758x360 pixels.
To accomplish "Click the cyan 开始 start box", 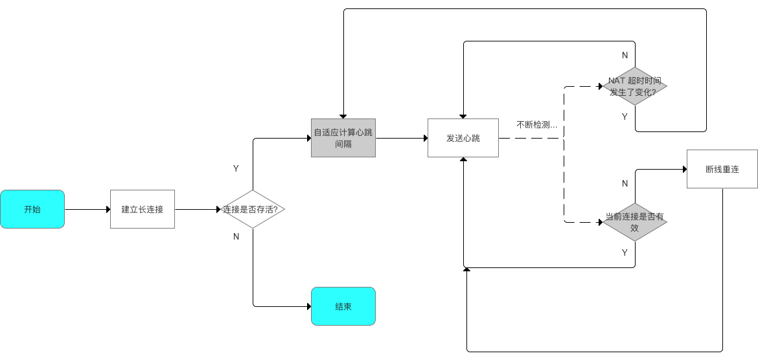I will click(32, 209).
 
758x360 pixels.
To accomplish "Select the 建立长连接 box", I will click(143, 209).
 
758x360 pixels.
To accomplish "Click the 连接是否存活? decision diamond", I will click(253, 209).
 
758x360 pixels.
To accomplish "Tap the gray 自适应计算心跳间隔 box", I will click(343, 138).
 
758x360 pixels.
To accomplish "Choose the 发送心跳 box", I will click(463, 138).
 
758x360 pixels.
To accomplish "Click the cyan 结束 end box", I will click(343, 306).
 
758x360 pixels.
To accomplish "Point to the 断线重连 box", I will click(722, 169).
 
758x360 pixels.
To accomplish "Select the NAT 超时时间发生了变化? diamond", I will click(635, 86).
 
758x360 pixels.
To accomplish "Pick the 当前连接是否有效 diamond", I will click(635, 222).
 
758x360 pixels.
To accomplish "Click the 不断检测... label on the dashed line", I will click(537, 124).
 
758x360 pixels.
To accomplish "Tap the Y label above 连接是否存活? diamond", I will click(236, 168).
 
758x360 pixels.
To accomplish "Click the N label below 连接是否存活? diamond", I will click(236, 236).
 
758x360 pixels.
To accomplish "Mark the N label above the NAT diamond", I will click(625, 55).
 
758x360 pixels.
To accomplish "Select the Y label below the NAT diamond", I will click(625, 117).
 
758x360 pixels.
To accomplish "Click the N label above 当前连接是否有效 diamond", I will click(625, 183).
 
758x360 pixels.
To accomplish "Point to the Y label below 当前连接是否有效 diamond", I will click(625, 253).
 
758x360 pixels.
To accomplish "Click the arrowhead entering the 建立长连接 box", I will click(108, 209).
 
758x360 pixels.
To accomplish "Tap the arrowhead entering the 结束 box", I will click(308, 306).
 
